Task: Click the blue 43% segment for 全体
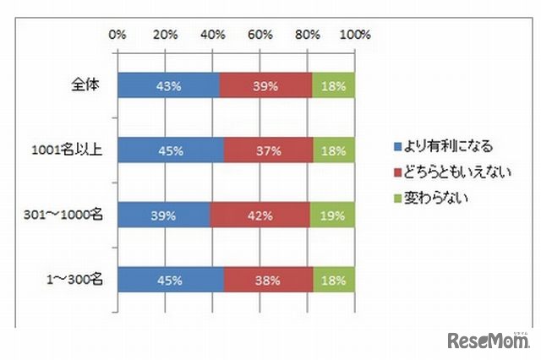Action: (x=168, y=85)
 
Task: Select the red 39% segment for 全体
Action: (x=265, y=85)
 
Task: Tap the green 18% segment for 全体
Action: (x=334, y=85)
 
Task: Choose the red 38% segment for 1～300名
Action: (x=268, y=280)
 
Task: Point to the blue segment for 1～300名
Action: (x=171, y=280)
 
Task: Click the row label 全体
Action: (x=87, y=85)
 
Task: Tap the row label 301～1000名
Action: (x=65, y=215)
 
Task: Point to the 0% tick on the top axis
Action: (x=117, y=35)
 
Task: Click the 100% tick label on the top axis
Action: (x=355, y=35)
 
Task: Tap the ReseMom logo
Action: (x=485, y=340)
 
